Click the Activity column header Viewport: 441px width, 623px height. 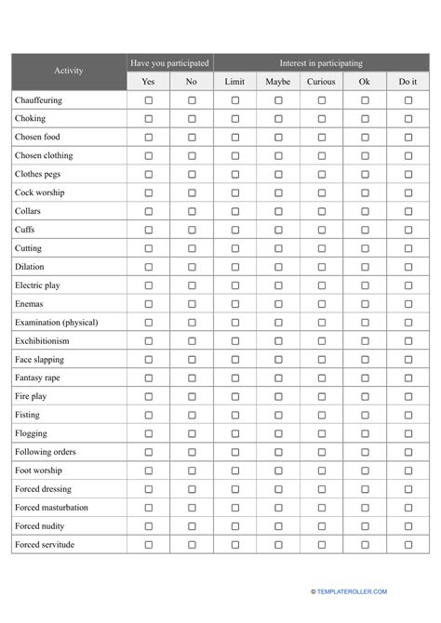68,72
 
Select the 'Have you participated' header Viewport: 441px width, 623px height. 170,63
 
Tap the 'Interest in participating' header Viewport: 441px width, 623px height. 321,63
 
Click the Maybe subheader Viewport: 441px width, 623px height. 278,82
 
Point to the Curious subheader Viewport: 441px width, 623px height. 321,82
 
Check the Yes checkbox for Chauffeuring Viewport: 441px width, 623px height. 149,100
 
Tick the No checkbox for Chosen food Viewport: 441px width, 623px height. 192,138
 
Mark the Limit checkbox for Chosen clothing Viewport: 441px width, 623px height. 235,156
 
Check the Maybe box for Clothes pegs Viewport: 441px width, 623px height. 278,175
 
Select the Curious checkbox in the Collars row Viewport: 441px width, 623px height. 321,212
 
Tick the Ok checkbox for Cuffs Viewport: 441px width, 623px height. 365,231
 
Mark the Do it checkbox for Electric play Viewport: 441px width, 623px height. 408,285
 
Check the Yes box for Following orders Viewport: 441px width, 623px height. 149,452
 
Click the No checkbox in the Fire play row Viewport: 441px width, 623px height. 192,397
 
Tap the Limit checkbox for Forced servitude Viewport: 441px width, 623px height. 235,545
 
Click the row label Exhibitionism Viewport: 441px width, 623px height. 43,341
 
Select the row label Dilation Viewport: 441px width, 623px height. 30,267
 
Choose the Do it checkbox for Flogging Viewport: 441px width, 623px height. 408,434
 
